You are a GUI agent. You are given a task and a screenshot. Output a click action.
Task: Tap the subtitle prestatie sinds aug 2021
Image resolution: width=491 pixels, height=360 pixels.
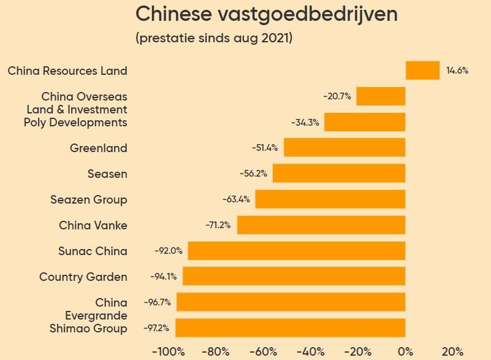tap(213, 38)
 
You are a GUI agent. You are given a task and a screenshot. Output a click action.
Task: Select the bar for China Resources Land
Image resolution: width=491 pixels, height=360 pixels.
tap(422, 71)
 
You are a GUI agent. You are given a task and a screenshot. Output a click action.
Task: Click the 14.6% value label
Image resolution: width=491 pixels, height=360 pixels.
tap(457, 71)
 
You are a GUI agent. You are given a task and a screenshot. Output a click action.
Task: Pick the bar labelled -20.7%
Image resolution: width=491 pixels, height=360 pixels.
tap(381, 96)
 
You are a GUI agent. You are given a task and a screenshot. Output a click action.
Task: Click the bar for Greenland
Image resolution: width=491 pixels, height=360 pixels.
tap(344, 148)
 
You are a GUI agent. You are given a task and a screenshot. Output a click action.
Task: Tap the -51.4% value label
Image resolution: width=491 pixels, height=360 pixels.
tap(265, 148)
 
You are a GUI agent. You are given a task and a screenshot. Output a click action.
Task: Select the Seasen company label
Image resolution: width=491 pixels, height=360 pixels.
tap(107, 174)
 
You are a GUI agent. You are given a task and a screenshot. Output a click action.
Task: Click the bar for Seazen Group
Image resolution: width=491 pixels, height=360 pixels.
tap(330, 199)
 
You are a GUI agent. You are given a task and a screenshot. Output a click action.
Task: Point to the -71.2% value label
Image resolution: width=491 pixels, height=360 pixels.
tap(218, 225)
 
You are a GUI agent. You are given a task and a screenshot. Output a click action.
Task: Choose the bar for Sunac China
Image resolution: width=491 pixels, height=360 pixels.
tap(297, 251)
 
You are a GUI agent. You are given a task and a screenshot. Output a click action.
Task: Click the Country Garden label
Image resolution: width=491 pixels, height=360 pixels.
tap(83, 277)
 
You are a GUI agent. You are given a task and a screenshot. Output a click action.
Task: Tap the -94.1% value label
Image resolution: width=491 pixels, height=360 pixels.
tap(164, 277)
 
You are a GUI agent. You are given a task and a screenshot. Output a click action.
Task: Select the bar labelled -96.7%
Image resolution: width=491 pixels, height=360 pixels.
tap(291, 302)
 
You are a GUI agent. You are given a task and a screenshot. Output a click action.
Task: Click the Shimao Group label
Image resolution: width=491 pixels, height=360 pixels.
tap(88, 329)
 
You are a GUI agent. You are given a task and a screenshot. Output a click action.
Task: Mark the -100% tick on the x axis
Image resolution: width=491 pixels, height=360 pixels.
tap(169, 352)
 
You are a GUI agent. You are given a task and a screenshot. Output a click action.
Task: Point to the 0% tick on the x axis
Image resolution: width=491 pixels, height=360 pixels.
tap(405, 352)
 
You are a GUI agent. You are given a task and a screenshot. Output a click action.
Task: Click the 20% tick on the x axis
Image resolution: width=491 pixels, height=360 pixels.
tap(452, 352)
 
